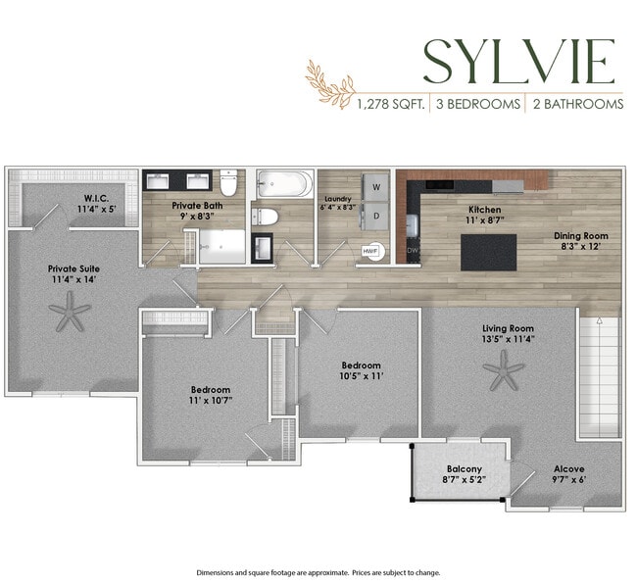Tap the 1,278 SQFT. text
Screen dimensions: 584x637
[390, 103]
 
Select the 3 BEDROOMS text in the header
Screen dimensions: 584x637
[478, 103]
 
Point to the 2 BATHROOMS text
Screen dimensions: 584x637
[576, 103]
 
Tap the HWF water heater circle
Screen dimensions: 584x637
[370, 251]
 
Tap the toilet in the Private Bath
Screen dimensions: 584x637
[229, 183]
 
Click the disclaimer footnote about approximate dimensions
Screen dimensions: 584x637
[318, 572]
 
